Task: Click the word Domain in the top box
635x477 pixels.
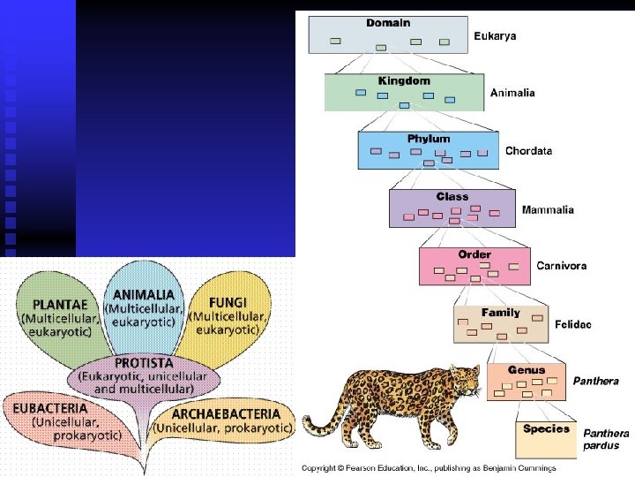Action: tap(388, 22)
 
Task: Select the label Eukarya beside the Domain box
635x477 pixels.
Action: tap(495, 36)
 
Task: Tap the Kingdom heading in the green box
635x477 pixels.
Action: tap(404, 80)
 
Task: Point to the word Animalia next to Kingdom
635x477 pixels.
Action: tap(512, 93)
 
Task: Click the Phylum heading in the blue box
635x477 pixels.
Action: tap(429, 139)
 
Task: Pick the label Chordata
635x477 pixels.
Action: tap(528, 151)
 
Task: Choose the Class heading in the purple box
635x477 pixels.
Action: tap(452, 196)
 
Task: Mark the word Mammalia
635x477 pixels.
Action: tap(548, 209)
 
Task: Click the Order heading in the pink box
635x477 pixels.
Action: tap(474, 254)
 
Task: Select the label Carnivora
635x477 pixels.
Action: tap(561, 265)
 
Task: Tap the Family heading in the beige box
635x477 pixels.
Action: tap(500, 313)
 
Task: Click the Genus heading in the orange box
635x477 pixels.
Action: tap(527, 370)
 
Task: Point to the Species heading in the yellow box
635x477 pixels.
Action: tap(546, 428)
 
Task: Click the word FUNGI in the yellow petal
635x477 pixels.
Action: tap(228, 301)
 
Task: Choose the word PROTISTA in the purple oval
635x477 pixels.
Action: tap(144, 363)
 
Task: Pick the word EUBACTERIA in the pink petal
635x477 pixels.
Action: tap(50, 408)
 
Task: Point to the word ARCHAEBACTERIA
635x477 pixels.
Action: tap(227, 413)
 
